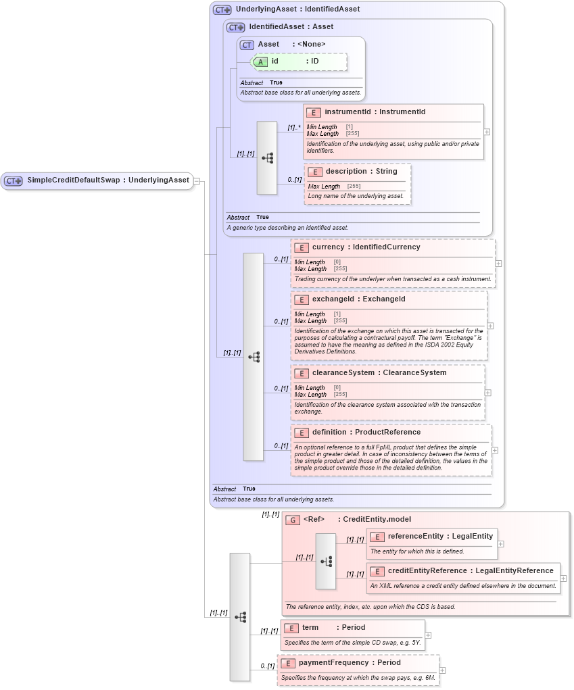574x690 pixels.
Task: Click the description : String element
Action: [x=361, y=172]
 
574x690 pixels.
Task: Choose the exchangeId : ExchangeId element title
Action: [x=358, y=299]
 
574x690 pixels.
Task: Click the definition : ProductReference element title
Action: [x=366, y=432]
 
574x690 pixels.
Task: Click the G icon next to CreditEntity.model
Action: [x=293, y=520]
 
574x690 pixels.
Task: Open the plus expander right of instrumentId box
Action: [x=487, y=132]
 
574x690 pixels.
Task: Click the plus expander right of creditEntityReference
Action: [x=563, y=578]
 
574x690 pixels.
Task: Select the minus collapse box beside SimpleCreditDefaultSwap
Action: [x=196, y=180]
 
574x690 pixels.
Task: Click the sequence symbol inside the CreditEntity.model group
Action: [x=326, y=562]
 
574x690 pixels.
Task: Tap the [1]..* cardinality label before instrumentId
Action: [x=293, y=127]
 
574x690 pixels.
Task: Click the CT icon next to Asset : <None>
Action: [x=247, y=45]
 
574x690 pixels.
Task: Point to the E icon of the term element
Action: [x=291, y=628]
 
